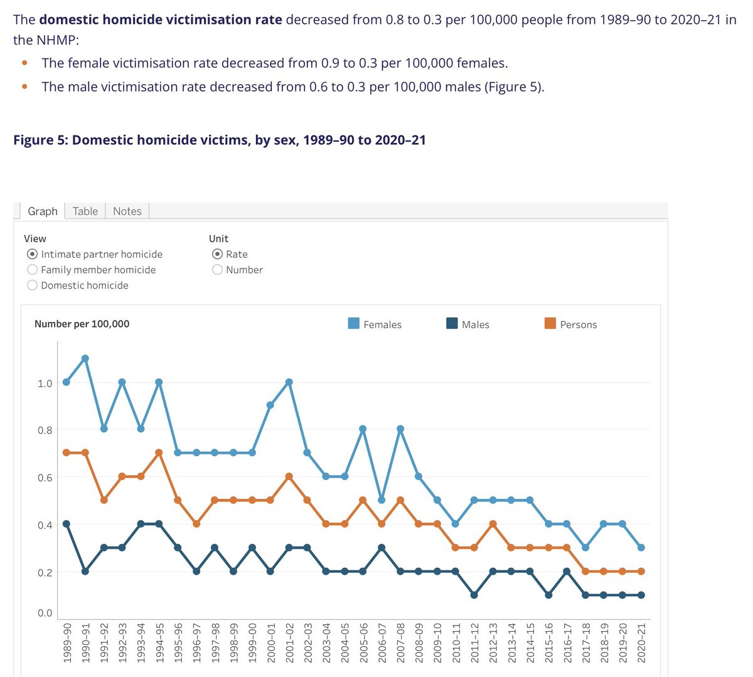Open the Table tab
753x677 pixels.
[x=85, y=211]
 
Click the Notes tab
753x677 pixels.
[x=127, y=211]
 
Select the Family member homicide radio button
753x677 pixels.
[x=32, y=270]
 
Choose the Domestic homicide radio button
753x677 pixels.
[x=32, y=285]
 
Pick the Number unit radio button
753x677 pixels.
[x=217, y=270]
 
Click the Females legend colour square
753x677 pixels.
[x=354, y=323]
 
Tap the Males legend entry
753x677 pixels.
[x=467, y=324]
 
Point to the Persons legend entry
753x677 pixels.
[x=570, y=324]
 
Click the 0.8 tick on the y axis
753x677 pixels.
[x=45, y=430]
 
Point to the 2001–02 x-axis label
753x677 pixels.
[x=289, y=643]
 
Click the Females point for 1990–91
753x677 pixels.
[x=85, y=359]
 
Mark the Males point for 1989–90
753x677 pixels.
[x=67, y=524]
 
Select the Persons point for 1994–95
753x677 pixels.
[x=159, y=453]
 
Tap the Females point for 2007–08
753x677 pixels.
[x=400, y=429]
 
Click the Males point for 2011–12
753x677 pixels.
[x=474, y=595]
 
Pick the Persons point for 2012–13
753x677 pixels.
[x=493, y=524]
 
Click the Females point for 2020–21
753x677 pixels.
[x=641, y=548]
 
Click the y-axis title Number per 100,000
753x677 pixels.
[x=82, y=324]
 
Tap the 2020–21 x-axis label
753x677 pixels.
[x=641, y=643]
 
